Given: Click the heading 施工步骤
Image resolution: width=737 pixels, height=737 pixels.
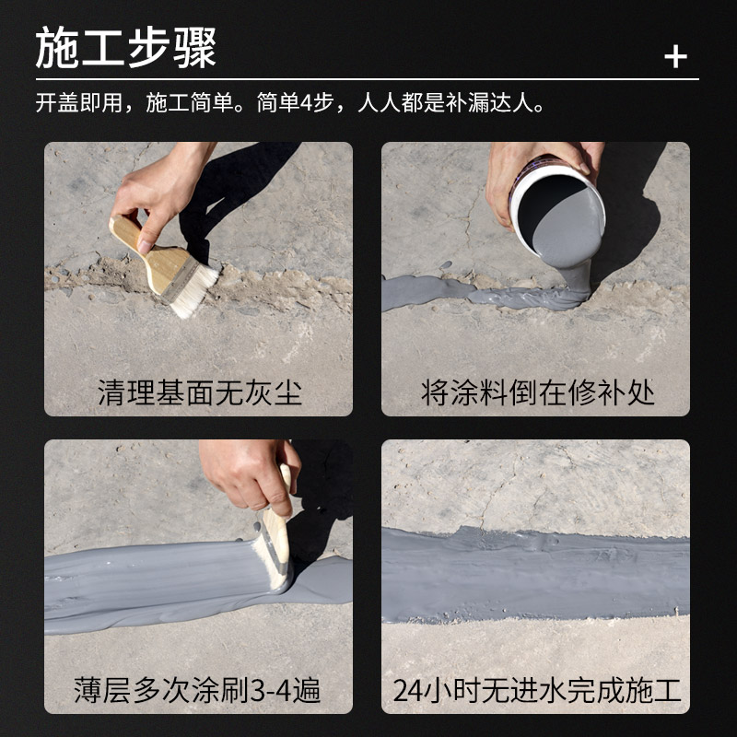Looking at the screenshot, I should pyautogui.click(x=125, y=48).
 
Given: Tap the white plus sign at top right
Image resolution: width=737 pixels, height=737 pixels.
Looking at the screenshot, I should pyautogui.click(x=675, y=57).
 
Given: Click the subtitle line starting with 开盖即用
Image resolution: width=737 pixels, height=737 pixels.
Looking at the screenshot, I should pyautogui.click(x=291, y=101).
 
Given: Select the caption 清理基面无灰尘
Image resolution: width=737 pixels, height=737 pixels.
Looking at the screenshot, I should pyautogui.click(x=199, y=393).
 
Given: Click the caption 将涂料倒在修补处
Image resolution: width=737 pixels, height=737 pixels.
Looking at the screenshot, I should pyautogui.click(x=537, y=393).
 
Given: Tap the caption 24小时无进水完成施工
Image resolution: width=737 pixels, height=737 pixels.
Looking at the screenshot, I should pyautogui.click(x=537, y=691).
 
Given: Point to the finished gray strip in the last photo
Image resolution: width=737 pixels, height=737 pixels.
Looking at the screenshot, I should pyautogui.click(x=534, y=576).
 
